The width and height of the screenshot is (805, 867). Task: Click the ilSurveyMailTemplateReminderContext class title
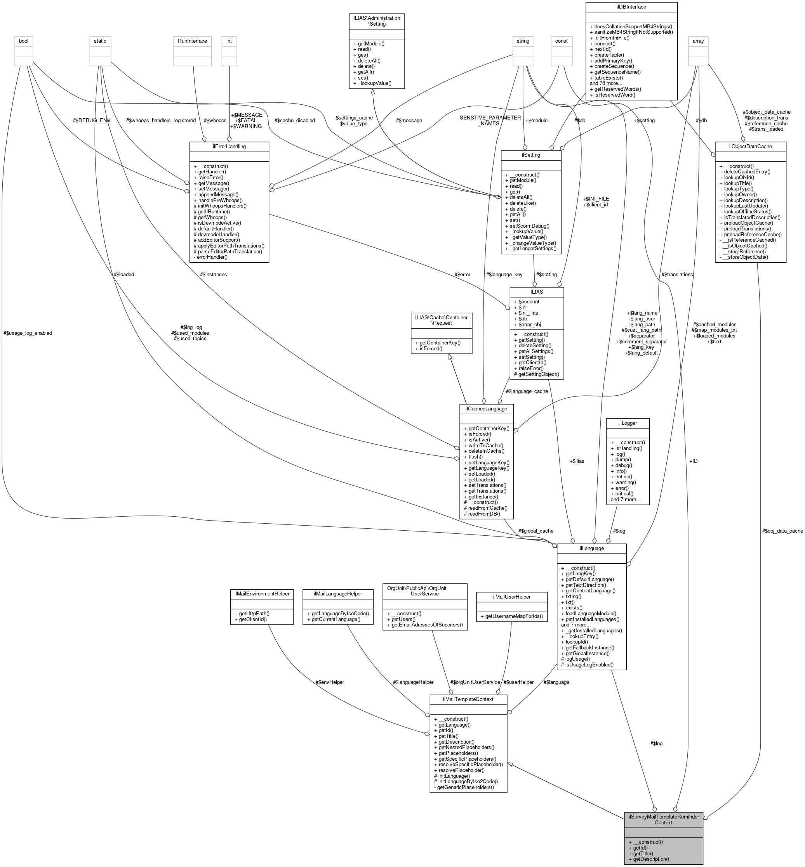[663, 820]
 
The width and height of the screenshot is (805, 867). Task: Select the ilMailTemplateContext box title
[468, 699]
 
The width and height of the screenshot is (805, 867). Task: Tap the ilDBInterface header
[631, 7]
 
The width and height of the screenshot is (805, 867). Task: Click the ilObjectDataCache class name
[750, 146]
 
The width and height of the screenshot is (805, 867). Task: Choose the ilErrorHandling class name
[229, 146]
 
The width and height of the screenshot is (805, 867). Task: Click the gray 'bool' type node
[24, 41]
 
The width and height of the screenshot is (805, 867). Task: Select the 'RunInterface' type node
[193, 41]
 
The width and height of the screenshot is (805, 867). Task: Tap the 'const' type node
[561, 41]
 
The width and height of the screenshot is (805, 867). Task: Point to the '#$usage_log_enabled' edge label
[28, 333]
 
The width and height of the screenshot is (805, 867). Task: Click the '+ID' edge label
[693, 461]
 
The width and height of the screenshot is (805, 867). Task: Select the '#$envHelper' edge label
[330, 682]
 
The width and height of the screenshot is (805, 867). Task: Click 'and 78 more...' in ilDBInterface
[606, 83]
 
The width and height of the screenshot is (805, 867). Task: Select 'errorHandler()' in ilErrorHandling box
[210, 257]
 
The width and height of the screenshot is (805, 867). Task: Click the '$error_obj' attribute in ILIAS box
[529, 324]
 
